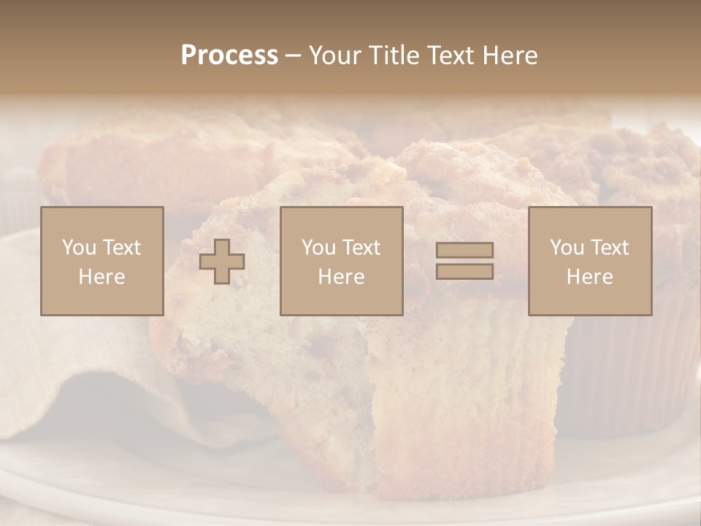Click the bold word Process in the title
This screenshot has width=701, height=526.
(x=229, y=56)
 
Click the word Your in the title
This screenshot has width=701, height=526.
(x=334, y=56)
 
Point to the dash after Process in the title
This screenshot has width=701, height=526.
(x=293, y=56)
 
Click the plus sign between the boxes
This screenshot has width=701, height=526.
(x=222, y=262)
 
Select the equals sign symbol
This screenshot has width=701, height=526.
(x=464, y=261)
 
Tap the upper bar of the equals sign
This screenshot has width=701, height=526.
(x=464, y=250)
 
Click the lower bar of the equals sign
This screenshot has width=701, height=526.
(x=464, y=271)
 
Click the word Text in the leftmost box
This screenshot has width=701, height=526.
(x=121, y=248)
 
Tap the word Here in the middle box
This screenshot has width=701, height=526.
(x=341, y=277)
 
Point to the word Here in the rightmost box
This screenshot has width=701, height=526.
(x=589, y=277)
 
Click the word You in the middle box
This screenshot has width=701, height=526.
(x=319, y=248)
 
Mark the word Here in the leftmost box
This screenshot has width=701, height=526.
(x=101, y=277)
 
